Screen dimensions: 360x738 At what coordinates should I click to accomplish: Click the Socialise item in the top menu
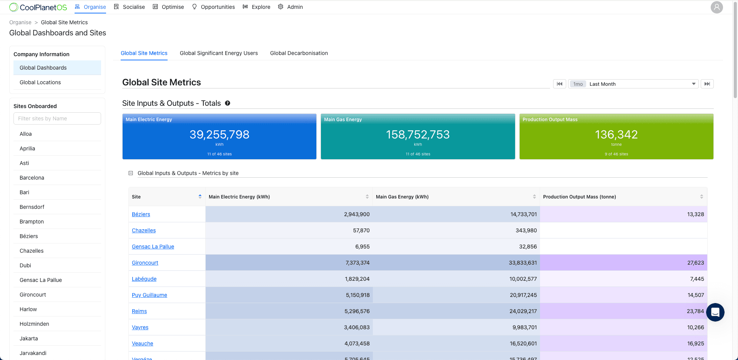pos(130,7)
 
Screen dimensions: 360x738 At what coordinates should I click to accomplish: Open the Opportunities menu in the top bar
pos(213,7)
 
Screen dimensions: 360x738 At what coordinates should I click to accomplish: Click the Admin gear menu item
pos(291,7)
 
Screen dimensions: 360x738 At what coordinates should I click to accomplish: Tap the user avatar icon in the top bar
pos(716,7)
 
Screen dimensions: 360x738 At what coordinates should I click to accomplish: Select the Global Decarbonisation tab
pos(299,53)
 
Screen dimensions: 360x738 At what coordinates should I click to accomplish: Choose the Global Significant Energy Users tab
pos(219,53)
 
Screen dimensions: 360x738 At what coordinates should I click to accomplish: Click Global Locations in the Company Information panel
pos(40,82)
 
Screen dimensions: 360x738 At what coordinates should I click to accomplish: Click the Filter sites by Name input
pos(57,118)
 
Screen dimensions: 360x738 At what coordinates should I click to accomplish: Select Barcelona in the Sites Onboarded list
pos(32,178)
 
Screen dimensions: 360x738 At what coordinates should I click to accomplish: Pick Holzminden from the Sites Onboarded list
pos(34,324)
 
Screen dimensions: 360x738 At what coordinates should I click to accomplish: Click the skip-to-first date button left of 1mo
pos(559,84)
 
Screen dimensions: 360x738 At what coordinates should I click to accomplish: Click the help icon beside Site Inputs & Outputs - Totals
pos(228,103)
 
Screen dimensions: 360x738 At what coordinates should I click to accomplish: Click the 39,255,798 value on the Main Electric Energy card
pos(219,135)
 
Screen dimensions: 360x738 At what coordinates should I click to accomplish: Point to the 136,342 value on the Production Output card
pos(616,135)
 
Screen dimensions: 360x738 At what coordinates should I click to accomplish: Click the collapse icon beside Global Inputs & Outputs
pos(131,173)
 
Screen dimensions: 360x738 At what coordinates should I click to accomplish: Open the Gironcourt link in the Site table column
pos(145,263)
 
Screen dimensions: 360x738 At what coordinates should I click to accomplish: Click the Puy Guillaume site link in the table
pos(149,295)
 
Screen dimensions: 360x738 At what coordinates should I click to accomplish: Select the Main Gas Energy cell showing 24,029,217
pos(523,311)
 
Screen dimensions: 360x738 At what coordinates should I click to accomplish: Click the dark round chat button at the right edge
pos(715,312)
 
